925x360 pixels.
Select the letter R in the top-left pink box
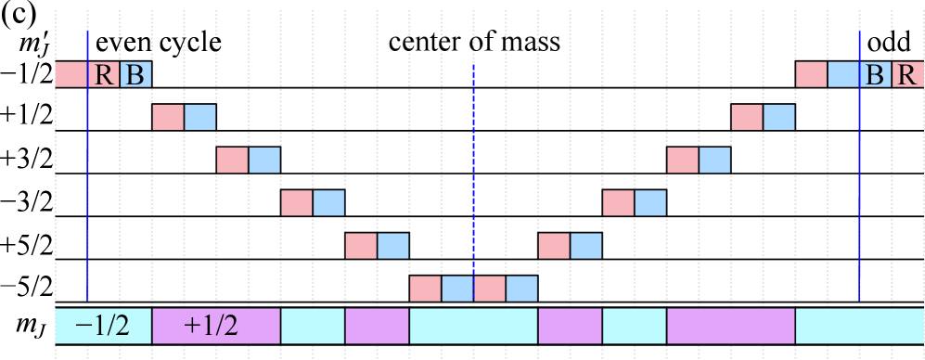103,74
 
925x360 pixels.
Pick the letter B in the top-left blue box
135,74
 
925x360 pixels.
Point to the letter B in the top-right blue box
875,74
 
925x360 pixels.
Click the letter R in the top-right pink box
907,74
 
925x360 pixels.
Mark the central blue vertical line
473,186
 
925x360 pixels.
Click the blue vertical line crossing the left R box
87,186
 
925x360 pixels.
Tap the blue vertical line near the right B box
859,186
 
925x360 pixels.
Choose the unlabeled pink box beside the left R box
71,74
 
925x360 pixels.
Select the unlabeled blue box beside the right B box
842,74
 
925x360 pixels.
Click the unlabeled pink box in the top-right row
811,74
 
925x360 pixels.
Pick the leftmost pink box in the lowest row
425,289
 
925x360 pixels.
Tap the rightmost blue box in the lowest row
521,289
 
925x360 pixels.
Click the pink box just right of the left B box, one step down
168,117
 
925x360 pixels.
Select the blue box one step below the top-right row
778,117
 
